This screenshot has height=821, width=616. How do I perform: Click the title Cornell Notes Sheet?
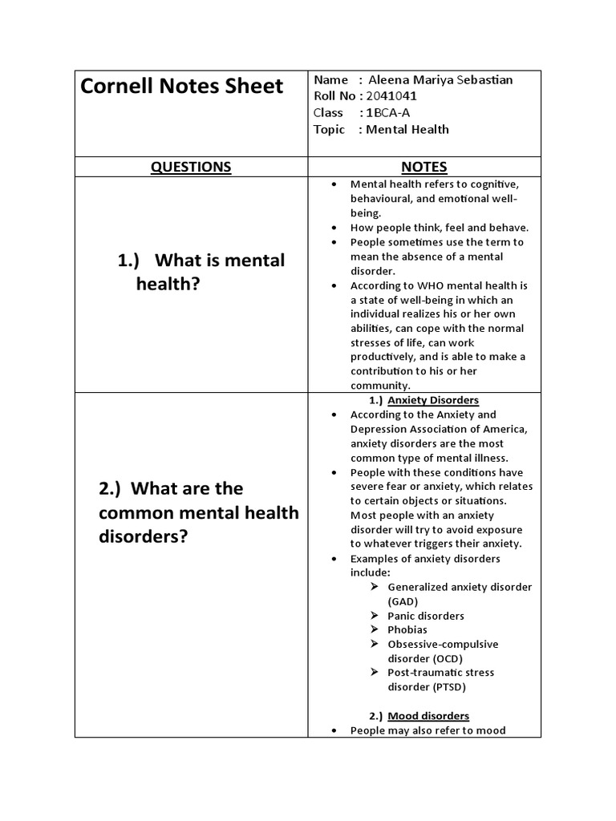[x=182, y=87]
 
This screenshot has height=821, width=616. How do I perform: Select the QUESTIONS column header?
[x=191, y=167]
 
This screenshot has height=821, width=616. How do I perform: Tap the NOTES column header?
[x=424, y=167]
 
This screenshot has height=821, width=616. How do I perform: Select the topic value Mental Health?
[x=407, y=130]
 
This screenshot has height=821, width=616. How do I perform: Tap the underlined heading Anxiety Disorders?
[x=433, y=400]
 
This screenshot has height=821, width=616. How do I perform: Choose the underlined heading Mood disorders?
[x=428, y=716]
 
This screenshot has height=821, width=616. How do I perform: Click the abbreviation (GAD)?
[x=403, y=601]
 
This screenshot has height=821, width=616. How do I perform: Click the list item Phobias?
[x=407, y=630]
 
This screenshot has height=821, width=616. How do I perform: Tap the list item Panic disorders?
[x=426, y=616]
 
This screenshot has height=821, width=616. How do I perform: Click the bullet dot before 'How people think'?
[x=334, y=228]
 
